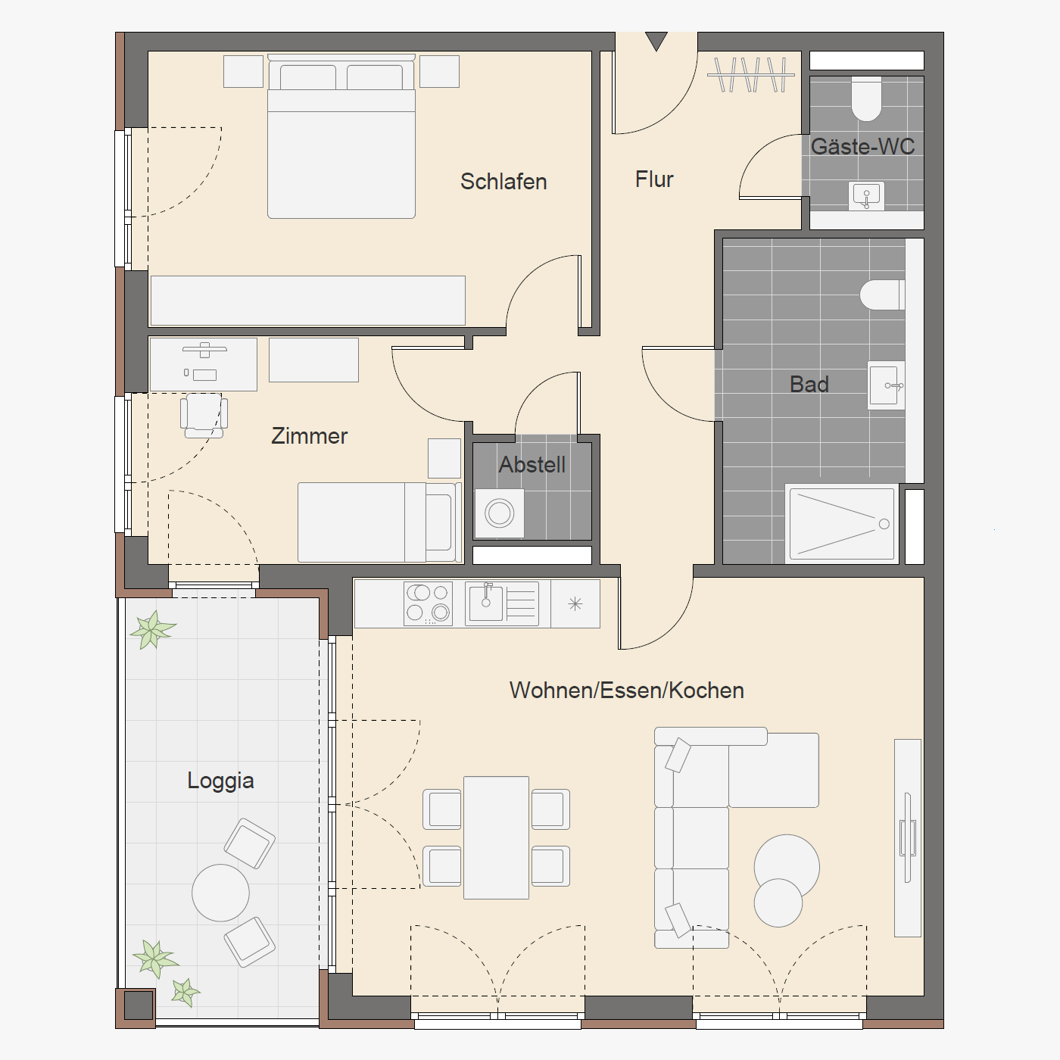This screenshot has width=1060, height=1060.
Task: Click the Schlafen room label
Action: [x=503, y=182]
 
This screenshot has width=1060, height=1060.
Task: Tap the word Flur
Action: [x=654, y=179]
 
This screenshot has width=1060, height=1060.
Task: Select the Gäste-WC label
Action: [x=862, y=146]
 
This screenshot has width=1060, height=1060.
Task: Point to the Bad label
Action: [x=809, y=384]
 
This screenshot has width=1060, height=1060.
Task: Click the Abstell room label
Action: [x=532, y=465]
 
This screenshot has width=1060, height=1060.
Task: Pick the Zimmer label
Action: [x=309, y=435]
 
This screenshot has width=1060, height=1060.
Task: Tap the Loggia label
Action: [x=220, y=781]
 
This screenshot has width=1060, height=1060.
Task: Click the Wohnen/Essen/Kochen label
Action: [x=627, y=691]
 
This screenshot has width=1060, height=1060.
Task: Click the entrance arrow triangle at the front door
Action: [x=656, y=41]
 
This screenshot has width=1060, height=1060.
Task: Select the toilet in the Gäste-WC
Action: [x=866, y=98]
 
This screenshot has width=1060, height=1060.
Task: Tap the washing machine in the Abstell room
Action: [x=500, y=513]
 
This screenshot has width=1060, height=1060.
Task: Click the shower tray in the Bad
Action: [x=842, y=524]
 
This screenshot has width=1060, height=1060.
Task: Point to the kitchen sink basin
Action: [x=485, y=603]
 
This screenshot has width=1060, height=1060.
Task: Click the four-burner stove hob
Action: [x=428, y=604]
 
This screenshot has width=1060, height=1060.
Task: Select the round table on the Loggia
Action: [x=220, y=892]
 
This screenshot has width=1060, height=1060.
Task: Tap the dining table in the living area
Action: [x=496, y=837]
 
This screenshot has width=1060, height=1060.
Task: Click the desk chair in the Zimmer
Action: [x=204, y=416]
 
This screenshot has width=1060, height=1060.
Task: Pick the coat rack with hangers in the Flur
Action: [x=751, y=74]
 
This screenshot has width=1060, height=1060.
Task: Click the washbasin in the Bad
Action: [x=886, y=385]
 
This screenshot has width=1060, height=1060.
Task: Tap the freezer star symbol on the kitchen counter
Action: [x=575, y=604]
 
